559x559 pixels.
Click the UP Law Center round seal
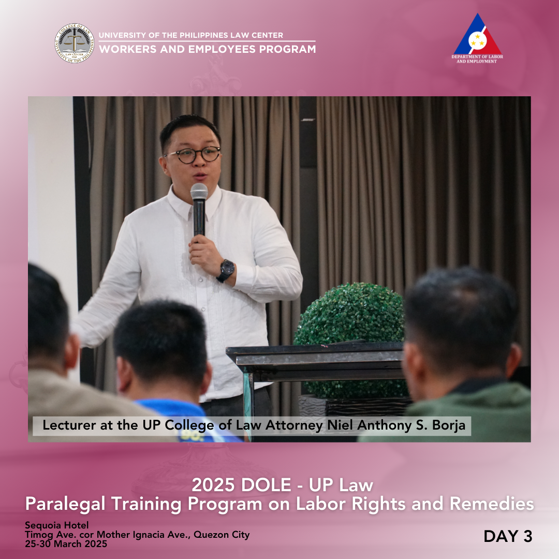75,43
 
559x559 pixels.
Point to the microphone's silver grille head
199,192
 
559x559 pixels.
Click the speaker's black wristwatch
226,270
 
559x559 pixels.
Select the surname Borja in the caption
448,425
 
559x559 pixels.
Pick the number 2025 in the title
213,485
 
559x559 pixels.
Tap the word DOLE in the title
266,485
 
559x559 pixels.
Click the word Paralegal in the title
66,504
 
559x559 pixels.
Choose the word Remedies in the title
492,504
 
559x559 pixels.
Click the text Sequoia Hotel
57,525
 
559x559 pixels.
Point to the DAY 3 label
508,536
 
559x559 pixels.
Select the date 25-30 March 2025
66,543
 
